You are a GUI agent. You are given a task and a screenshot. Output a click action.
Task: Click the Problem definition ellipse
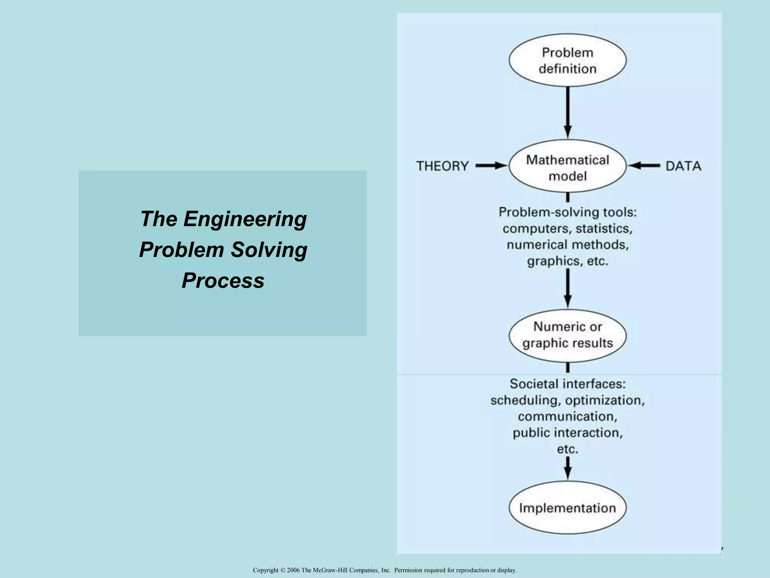pos(567,60)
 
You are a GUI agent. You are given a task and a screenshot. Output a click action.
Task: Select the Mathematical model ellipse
pos(567,167)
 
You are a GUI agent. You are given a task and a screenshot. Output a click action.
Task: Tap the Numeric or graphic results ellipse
pos(567,335)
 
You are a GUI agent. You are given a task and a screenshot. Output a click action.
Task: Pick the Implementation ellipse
pos(567,508)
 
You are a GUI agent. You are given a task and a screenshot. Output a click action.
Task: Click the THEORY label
pos(443,166)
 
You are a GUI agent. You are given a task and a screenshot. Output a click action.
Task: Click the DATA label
pos(683,166)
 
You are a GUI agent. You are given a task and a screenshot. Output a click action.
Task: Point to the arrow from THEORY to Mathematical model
pos(491,166)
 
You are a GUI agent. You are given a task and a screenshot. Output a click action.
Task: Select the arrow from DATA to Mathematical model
pos(644,166)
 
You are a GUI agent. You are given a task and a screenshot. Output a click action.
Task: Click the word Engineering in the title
pos(245,219)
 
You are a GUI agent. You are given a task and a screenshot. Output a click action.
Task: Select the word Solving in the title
pos(269,250)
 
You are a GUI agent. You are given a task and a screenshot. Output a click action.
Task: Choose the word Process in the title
pos(223,281)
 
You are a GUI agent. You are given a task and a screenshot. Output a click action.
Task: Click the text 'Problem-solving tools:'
pos(567,212)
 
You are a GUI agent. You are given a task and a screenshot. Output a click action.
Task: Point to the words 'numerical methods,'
pos(567,245)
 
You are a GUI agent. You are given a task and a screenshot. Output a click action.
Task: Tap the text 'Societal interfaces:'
pos(567,384)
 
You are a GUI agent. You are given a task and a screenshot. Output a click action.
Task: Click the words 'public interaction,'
pos(567,433)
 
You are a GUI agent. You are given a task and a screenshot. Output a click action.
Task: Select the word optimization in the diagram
pos(604,400)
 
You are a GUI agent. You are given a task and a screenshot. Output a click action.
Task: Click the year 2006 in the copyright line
pos(293,570)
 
